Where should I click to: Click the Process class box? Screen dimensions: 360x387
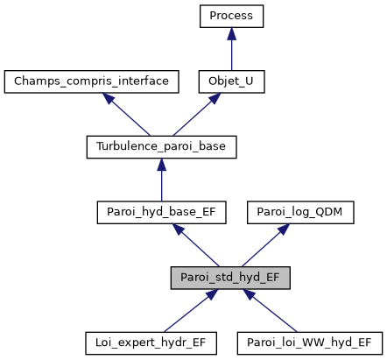tap(231, 16)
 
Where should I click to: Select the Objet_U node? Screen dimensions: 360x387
tap(231, 81)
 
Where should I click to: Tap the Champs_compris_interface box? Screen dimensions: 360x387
tap(92, 81)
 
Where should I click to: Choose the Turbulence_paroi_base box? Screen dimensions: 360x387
tap(161, 146)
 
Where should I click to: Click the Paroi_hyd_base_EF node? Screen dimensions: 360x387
tap(161, 211)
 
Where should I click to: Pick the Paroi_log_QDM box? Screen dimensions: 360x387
tap(302, 211)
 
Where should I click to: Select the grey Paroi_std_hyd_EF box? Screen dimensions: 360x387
tap(231, 277)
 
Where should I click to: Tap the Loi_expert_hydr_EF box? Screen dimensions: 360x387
tap(150, 342)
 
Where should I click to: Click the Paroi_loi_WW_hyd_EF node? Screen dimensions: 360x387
tap(310, 342)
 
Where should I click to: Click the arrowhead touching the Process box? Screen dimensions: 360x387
tap(231, 32)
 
